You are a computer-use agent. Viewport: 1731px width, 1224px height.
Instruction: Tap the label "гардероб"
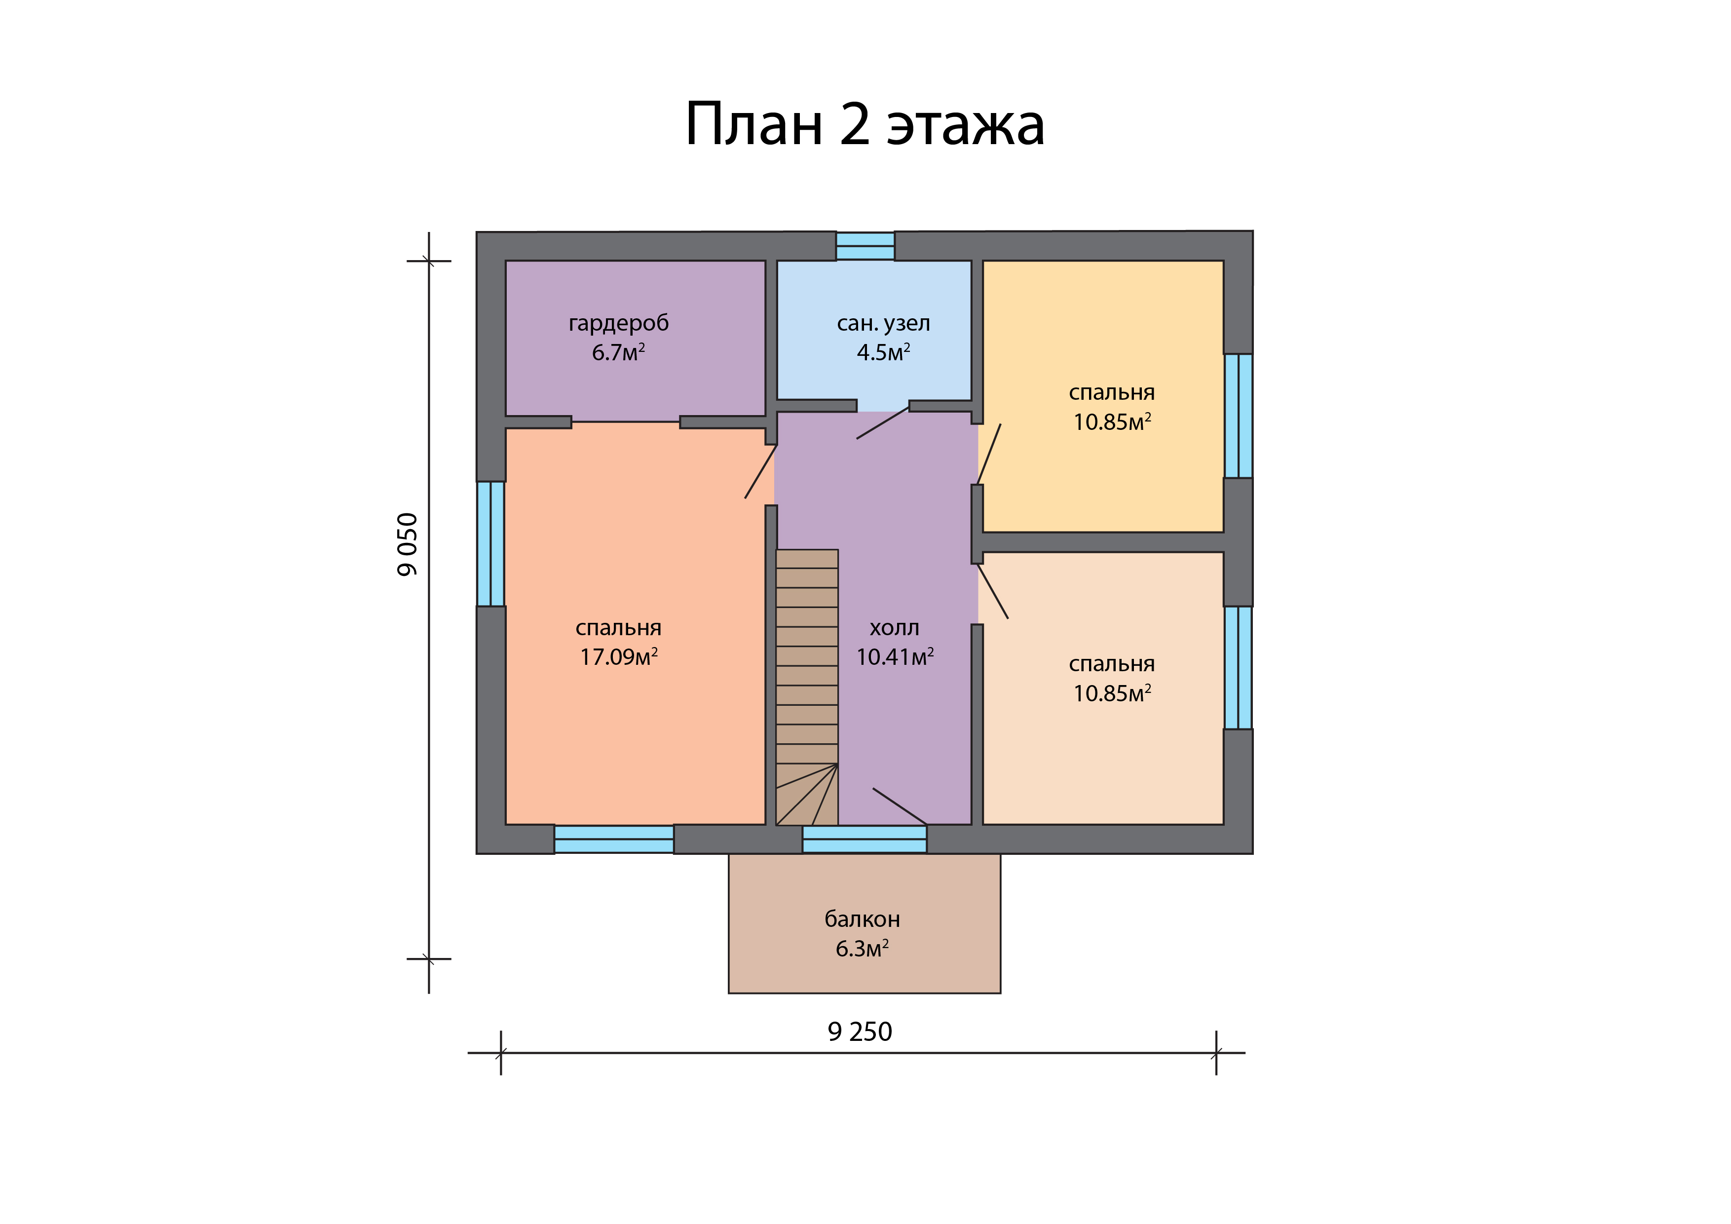pos(618,324)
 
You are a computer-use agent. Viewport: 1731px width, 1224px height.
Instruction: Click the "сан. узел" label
pos(884,324)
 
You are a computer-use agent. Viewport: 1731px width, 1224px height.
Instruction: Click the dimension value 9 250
pos(860,1032)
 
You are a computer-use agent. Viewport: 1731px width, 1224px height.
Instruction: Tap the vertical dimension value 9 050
pos(407,544)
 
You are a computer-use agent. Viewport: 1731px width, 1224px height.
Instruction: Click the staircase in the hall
pos(807,687)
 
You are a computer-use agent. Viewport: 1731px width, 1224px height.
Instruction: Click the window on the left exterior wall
pos(491,544)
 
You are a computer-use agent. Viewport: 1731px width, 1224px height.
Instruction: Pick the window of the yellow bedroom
pos(1238,416)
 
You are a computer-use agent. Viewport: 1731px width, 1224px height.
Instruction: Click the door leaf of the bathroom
pos(883,423)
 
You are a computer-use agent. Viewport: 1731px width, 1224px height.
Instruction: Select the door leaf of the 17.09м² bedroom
pos(761,471)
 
